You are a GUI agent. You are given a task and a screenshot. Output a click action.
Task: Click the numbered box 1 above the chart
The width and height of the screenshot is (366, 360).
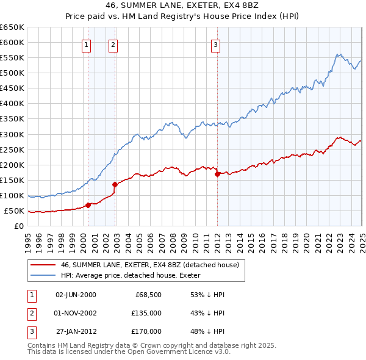[x=86, y=44]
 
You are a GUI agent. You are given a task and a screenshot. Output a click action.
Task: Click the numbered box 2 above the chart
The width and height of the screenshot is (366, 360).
[x=113, y=44]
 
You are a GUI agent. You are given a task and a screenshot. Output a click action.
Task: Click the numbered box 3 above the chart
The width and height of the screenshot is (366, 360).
[x=216, y=44]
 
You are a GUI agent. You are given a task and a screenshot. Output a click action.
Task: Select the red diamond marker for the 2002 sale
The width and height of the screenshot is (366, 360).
[x=115, y=184]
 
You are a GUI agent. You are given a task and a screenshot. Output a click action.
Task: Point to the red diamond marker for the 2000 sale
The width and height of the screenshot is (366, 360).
[x=88, y=205]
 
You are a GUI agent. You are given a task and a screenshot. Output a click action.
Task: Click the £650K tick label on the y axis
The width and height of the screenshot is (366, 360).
[x=12, y=27]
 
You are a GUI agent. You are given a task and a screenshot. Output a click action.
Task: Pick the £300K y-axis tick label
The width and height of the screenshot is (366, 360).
[x=12, y=134]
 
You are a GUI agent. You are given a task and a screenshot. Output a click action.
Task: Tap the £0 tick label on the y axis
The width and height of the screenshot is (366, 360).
[x=19, y=226]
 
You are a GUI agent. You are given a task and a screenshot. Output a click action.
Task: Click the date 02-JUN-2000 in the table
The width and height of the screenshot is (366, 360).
[x=76, y=295]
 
